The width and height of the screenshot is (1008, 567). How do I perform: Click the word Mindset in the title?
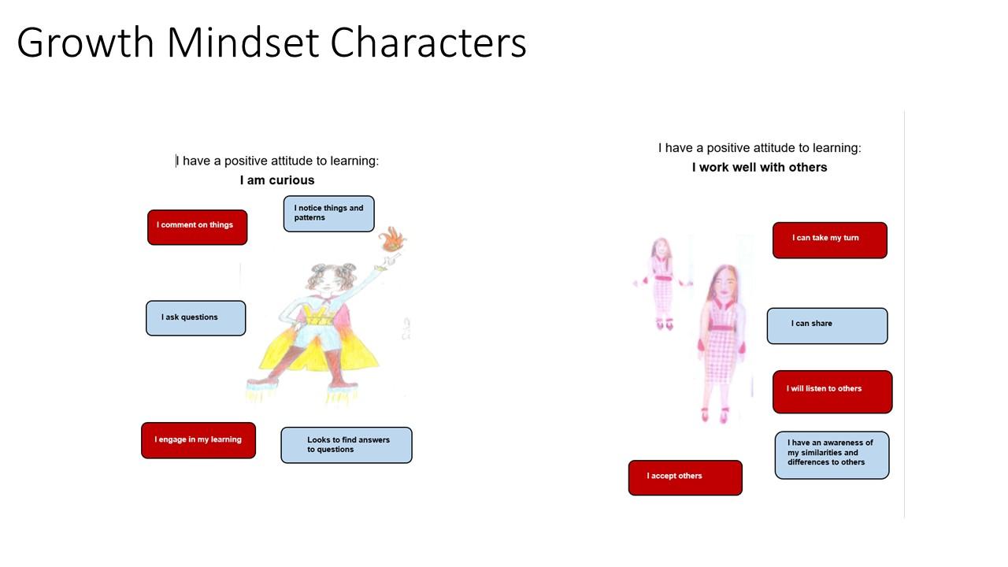tap(243, 43)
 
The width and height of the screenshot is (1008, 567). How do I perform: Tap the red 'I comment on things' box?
tap(197, 228)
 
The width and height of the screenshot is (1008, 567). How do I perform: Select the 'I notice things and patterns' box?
tap(328, 213)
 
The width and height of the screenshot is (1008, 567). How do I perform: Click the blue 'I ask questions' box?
tap(196, 318)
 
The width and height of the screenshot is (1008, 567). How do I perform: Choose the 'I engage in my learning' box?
tap(198, 440)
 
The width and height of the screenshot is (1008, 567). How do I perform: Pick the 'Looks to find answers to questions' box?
tap(346, 445)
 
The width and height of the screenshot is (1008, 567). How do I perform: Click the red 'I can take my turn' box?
tap(830, 240)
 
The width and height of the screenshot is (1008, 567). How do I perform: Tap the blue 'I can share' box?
tap(827, 326)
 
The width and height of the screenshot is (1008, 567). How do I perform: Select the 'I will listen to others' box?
tap(832, 391)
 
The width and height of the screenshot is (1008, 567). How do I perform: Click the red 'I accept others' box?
tap(685, 477)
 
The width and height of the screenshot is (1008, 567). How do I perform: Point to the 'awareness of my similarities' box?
tap(832, 455)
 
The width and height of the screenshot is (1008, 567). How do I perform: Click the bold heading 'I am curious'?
tap(277, 180)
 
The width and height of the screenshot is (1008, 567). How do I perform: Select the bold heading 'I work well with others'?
tap(760, 168)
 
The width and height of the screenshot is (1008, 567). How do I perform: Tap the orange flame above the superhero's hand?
tap(392, 239)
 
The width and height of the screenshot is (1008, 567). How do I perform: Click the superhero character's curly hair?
tap(332, 274)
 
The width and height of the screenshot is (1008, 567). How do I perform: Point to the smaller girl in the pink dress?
tap(661, 283)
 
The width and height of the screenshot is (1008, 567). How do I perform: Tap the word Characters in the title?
tap(428, 43)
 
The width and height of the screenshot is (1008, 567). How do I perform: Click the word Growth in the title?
tap(86, 43)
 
